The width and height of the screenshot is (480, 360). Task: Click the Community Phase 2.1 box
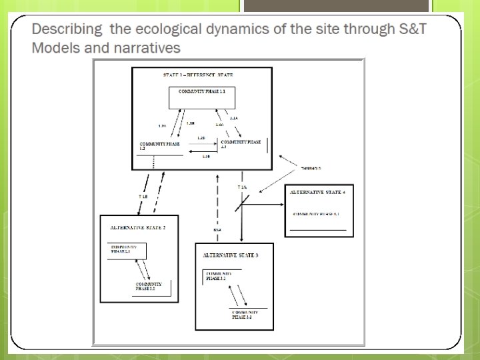coord(127,251)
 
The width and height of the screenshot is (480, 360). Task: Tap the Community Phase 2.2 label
coord(145,287)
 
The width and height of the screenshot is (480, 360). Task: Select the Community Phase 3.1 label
coord(218,275)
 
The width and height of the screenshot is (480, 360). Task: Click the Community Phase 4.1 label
coord(317,214)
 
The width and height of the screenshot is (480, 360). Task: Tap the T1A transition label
coord(243,189)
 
